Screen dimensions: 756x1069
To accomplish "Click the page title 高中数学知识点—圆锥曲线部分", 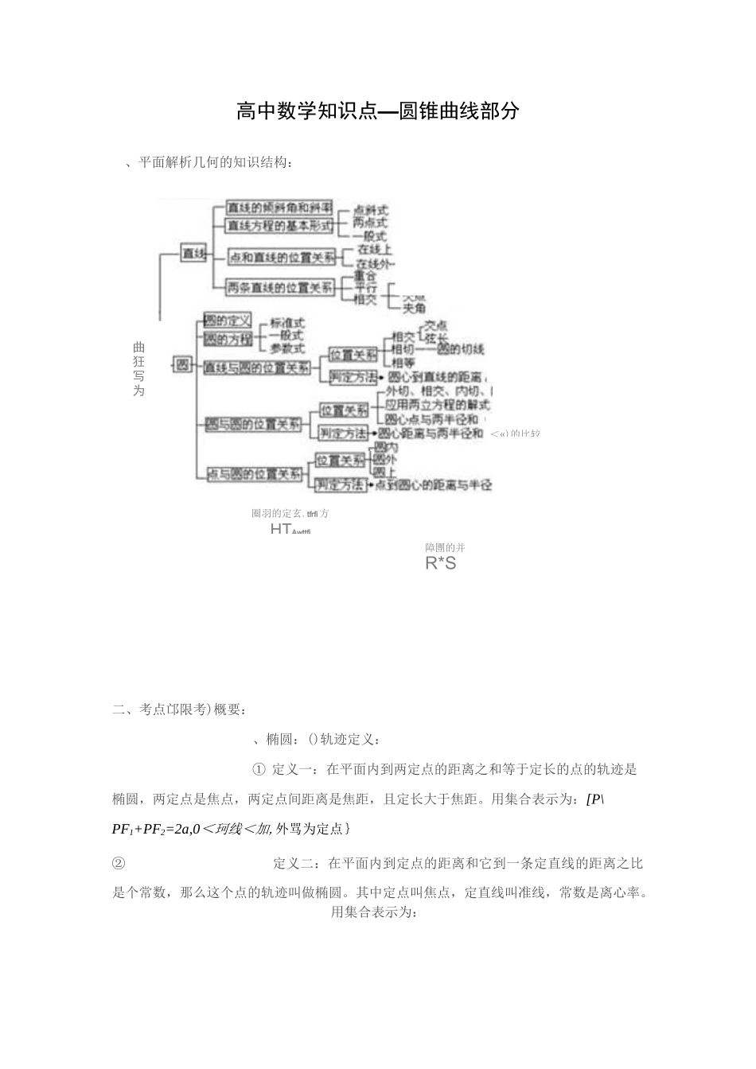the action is coord(378,111).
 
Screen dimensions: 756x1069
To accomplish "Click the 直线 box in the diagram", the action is coord(193,254).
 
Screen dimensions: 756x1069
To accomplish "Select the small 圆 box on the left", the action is coord(183,365).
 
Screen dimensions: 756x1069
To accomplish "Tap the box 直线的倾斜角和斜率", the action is coord(279,206).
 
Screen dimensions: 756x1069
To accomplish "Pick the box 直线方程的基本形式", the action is coord(279,226).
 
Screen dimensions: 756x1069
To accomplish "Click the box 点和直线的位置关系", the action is coord(282,257).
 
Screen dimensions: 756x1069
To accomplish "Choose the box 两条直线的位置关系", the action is coord(279,288).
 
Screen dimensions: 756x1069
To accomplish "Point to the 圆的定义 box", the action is coord(228,321).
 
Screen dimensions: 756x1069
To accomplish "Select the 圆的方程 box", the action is coord(228,340).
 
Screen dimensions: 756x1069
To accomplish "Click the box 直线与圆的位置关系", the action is coord(256,368).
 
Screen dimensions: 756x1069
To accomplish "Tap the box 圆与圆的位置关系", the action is coord(254,425).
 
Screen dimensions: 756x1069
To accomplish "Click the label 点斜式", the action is coord(370,210).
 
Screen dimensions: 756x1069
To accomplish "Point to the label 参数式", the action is coord(287,348).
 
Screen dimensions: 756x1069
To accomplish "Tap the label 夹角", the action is coord(414,308).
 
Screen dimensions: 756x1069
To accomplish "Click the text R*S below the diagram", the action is coord(441,564).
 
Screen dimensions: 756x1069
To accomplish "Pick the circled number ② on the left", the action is coord(119,863).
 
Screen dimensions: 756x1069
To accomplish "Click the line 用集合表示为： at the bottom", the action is coord(374,912).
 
